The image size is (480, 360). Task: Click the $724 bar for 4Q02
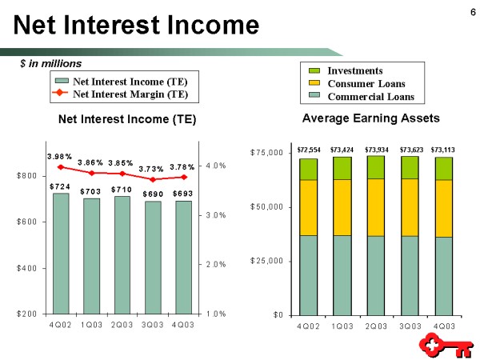point(61,254)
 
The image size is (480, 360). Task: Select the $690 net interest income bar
point(153,258)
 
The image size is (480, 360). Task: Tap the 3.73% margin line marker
point(154,179)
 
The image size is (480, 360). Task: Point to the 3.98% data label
point(59,157)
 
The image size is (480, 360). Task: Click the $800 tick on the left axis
point(26,176)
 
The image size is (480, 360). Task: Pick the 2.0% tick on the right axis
point(216,265)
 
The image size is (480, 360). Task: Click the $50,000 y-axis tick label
point(266,207)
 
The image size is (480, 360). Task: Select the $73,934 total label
point(377,150)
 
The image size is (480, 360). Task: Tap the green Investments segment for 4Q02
point(308,170)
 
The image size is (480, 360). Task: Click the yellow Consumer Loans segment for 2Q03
point(376,207)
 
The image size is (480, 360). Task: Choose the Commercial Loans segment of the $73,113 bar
point(444,276)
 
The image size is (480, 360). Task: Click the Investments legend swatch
point(314,71)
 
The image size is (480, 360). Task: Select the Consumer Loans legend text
point(366,84)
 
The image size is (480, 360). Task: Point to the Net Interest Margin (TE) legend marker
point(61,92)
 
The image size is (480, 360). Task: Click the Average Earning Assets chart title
point(370,118)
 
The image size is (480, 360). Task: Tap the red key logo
point(446,345)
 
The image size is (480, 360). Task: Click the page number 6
point(473,12)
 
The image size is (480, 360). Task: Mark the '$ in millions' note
point(51,64)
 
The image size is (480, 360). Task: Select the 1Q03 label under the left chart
point(91,325)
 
